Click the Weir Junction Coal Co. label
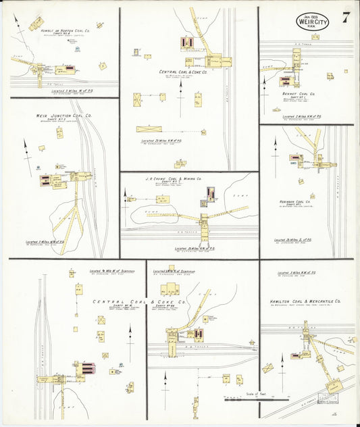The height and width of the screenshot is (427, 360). pos(63,116)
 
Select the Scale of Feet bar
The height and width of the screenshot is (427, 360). pos(251,400)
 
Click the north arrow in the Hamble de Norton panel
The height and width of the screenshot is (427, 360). pos(21,26)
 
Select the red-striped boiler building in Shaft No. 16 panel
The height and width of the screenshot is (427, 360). pos(87,369)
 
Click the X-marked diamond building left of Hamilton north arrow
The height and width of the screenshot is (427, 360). pos(267,368)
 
